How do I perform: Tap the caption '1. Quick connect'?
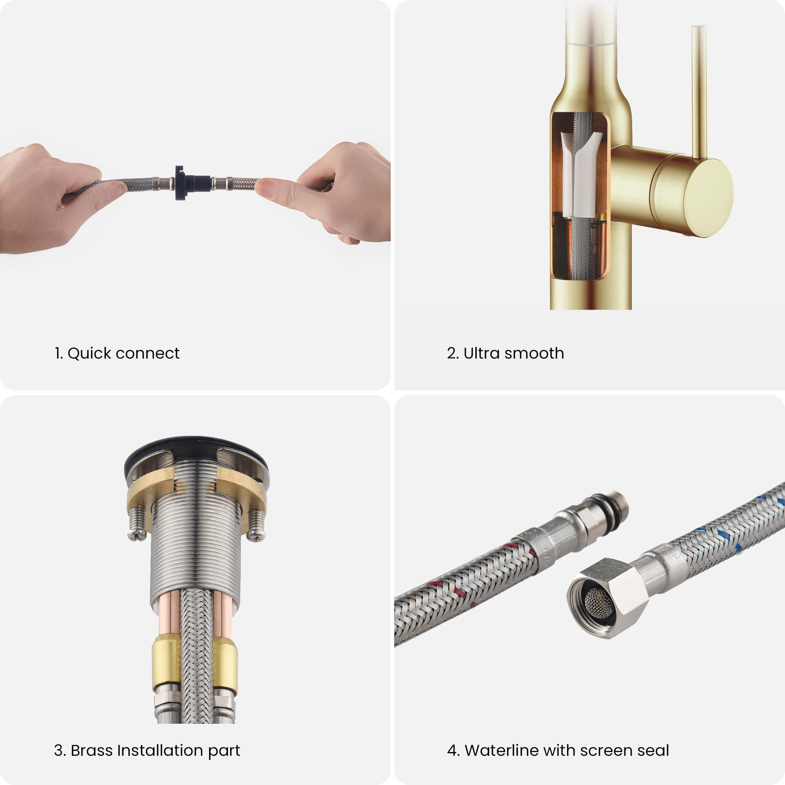(117, 353)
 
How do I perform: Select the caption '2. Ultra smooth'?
(506, 353)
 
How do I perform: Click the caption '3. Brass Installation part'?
(147, 750)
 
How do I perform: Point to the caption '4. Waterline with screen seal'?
(558, 750)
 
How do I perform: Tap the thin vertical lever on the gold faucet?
(699, 92)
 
